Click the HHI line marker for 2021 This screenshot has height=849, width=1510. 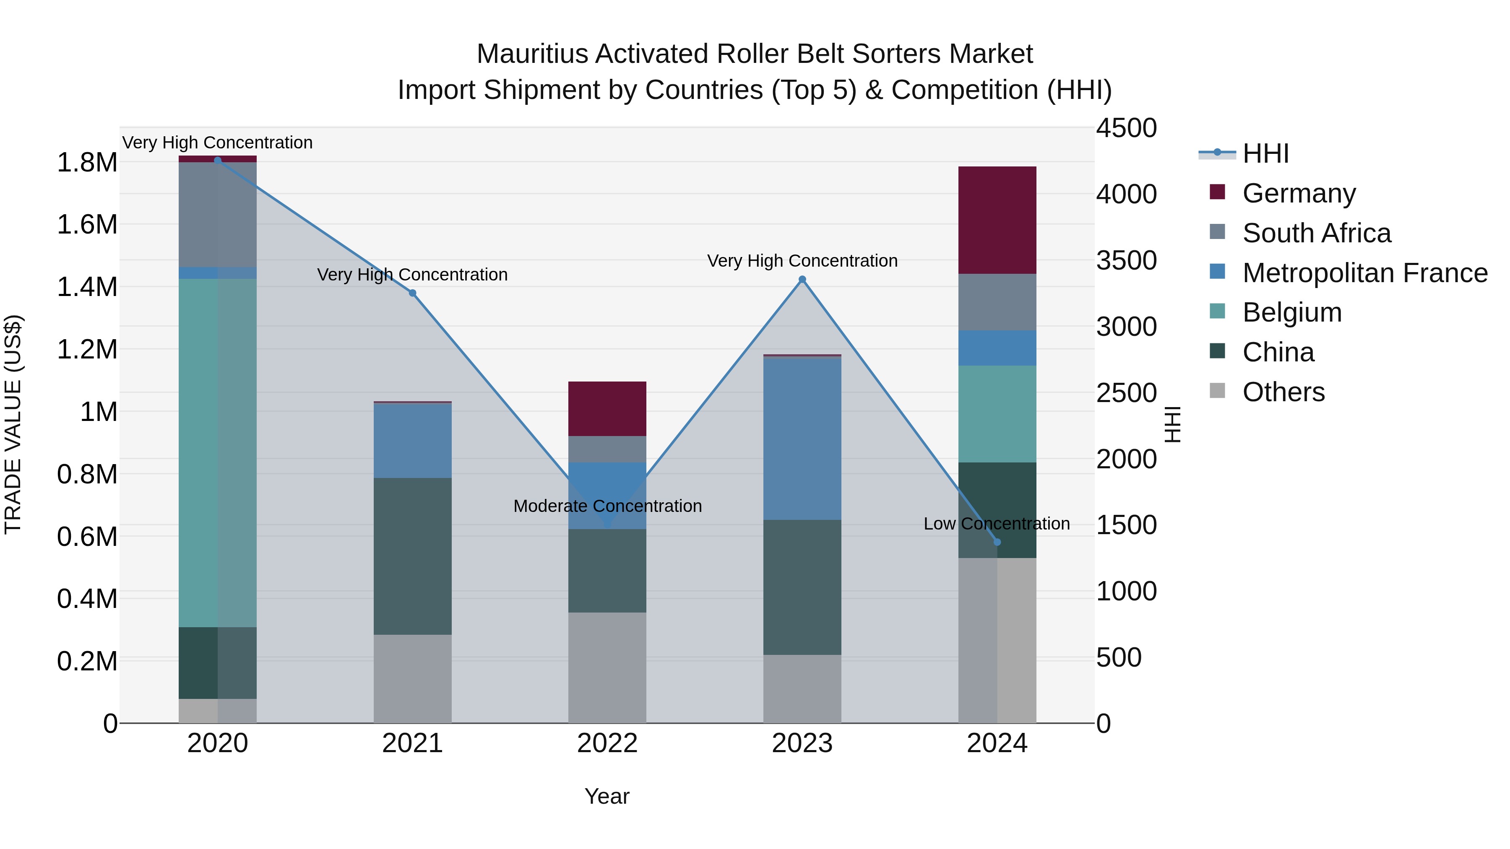pyautogui.click(x=412, y=293)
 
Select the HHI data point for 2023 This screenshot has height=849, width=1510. pyautogui.click(x=802, y=280)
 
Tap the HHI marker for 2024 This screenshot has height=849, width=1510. pyautogui.click(x=997, y=542)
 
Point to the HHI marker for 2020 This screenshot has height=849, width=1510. pyautogui.click(x=217, y=160)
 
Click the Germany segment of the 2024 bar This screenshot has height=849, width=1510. pyautogui.click(x=997, y=220)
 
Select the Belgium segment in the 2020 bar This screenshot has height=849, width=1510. pyautogui.click(x=217, y=452)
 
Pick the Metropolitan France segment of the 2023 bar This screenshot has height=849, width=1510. pyautogui.click(x=802, y=438)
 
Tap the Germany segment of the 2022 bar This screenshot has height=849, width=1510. pyautogui.click(x=607, y=408)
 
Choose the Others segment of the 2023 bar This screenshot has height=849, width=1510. pyautogui.click(x=802, y=688)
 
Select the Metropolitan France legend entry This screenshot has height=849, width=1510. pyautogui.click(x=1364, y=273)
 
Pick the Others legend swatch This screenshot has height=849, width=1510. pyautogui.click(x=1218, y=391)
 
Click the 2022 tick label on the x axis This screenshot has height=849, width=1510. pyautogui.click(x=607, y=743)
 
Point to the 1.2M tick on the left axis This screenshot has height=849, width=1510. pyautogui.click(x=87, y=349)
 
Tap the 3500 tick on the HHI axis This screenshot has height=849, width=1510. pyautogui.click(x=1126, y=261)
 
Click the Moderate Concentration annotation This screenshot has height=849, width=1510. pyautogui.click(x=607, y=506)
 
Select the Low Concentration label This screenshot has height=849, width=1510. pyautogui.click(x=997, y=523)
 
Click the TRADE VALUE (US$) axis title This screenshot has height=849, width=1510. pyautogui.click(x=13, y=424)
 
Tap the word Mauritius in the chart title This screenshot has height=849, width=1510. pyautogui.click(x=532, y=54)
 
